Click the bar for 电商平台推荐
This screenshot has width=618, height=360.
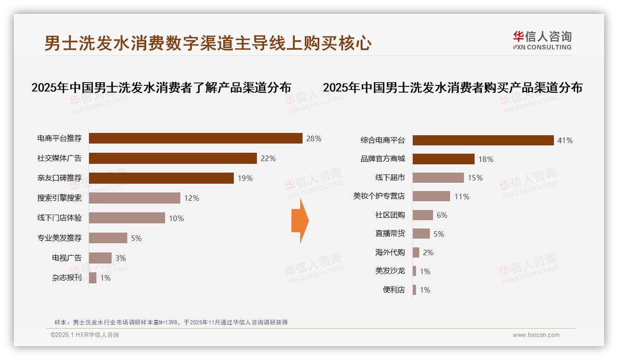pos(196,138)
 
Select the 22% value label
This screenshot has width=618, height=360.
pos(268,158)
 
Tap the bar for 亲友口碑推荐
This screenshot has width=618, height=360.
pos(161,178)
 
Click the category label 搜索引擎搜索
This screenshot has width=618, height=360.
pos(59,198)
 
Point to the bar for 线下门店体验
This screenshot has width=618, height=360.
pos(127,218)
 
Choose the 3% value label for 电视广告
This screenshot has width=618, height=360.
pos(120,258)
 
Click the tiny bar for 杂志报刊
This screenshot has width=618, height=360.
pos(93,278)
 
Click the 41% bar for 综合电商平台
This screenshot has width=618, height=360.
pos(483,140)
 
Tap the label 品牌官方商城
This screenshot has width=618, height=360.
pos(382,159)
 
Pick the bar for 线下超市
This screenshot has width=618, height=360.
pos(438,178)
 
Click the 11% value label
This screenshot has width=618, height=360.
pos(462,197)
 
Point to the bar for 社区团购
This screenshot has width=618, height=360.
pos(423,215)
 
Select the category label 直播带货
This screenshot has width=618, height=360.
pos(390,234)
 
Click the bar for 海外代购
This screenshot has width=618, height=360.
pos(416,252)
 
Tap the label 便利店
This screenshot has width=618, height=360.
pos(393,290)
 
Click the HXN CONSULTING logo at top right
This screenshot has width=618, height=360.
pos(542,41)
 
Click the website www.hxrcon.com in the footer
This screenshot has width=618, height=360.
pos(535,335)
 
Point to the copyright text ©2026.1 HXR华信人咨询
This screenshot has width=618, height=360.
pos(84,335)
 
